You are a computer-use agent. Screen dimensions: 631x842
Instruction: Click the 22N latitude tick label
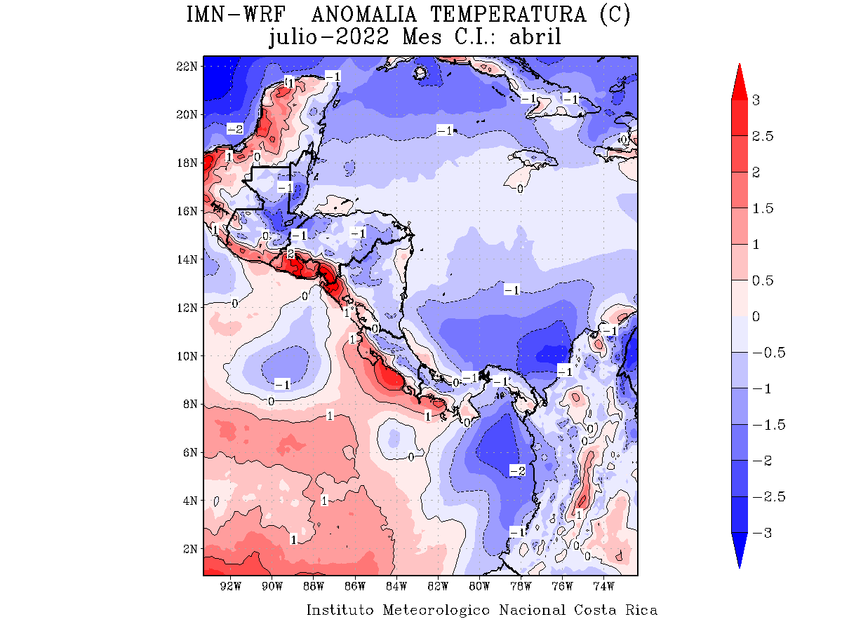tap(186, 66)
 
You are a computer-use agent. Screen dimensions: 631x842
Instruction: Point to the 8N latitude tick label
tap(189, 404)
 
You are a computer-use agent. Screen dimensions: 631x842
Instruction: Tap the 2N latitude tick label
tap(189, 548)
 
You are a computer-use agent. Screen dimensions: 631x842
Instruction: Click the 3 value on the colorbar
tap(756, 100)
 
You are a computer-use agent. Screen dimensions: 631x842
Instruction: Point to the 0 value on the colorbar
tap(756, 316)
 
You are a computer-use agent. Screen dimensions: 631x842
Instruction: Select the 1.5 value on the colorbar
tap(761, 208)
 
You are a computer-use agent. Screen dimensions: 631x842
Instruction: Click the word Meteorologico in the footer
tap(436, 610)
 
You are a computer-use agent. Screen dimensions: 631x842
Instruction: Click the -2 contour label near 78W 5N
tap(517, 470)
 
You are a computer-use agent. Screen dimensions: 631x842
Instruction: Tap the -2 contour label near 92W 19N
tap(235, 129)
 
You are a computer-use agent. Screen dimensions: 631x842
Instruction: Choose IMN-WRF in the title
tap(233, 14)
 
